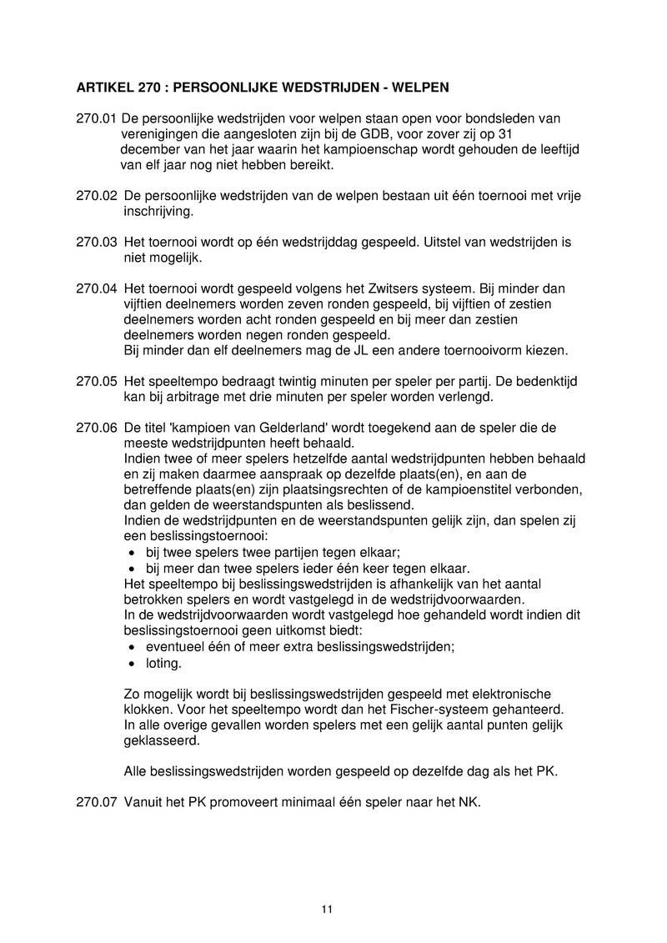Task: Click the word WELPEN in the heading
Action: click(x=422, y=86)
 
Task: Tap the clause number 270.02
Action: click(x=96, y=196)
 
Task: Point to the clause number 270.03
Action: click(x=96, y=243)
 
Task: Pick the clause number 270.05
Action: click(x=96, y=380)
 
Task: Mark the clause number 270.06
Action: click(x=96, y=428)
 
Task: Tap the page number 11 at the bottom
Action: click(x=327, y=909)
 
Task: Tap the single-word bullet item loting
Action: click(x=163, y=664)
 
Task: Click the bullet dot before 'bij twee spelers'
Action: click(x=133, y=554)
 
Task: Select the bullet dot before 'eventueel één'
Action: click(x=133, y=648)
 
